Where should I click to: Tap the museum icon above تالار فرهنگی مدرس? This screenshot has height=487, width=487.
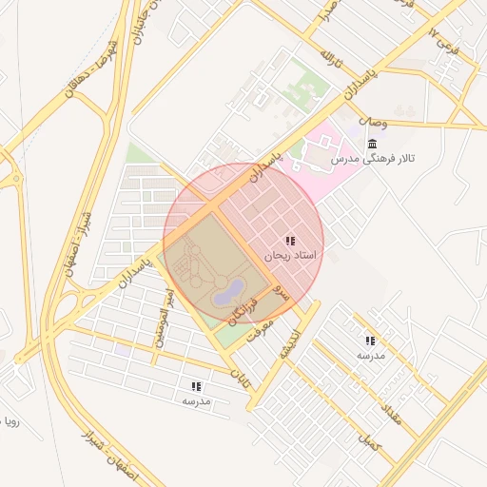[371, 144]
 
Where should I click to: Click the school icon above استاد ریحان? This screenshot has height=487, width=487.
[290, 241]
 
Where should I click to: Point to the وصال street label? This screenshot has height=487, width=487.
[373, 123]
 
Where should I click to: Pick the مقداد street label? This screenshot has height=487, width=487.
[392, 413]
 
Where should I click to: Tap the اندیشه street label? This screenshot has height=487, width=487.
[289, 345]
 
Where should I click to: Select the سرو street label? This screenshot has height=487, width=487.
[280, 292]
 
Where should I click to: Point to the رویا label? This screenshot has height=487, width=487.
[10, 420]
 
